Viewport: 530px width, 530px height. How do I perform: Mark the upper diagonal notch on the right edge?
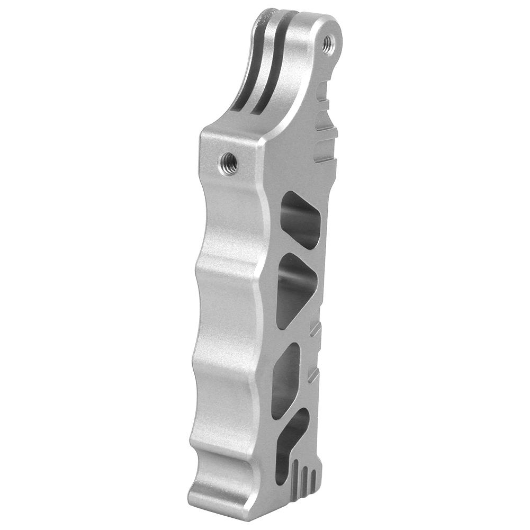(316, 330)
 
